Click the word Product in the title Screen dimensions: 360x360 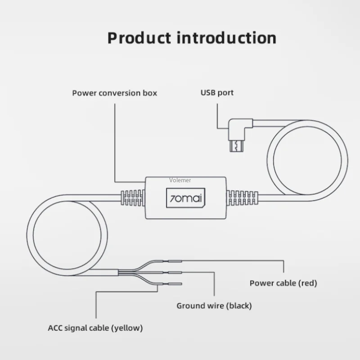[x=139, y=38]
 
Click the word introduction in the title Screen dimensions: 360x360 [x=226, y=38]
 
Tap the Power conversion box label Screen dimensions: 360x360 [x=115, y=93]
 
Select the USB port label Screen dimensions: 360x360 [x=217, y=93]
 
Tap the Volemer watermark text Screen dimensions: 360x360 [x=180, y=180]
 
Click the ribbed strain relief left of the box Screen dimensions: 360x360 [x=132, y=198]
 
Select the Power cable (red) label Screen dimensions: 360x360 [x=283, y=283]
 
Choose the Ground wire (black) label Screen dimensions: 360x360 [x=214, y=306]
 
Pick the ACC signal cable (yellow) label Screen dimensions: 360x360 [x=95, y=328]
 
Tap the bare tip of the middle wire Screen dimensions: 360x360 [x=175, y=272]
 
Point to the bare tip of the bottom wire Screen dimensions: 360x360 [x=175, y=283]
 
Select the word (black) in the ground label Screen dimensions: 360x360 [x=238, y=306]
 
